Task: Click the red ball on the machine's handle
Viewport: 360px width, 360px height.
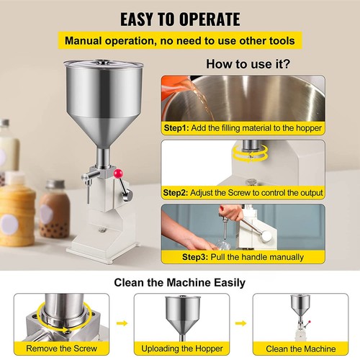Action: pos(118,174)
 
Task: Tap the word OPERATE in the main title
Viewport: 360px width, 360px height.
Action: pos(210,19)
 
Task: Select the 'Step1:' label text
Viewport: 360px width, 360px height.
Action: pos(176,128)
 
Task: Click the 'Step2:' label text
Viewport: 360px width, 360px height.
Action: pos(176,193)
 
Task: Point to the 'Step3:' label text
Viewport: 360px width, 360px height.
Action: pos(195,257)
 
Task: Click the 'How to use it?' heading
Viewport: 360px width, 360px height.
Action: pos(248,64)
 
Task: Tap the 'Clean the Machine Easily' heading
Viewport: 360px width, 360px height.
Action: pos(179,282)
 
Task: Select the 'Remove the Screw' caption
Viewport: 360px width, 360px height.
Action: pos(62,348)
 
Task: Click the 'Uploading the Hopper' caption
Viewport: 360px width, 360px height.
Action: pos(182,348)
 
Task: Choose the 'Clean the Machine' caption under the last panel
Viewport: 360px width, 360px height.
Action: pos(301,348)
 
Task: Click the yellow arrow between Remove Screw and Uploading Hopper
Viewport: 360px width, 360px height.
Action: pos(122,323)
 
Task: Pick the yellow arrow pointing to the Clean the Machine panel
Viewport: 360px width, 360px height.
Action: pos(240,323)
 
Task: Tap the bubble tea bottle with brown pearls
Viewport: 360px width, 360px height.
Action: pos(54,210)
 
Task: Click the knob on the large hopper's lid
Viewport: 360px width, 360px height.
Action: pos(104,63)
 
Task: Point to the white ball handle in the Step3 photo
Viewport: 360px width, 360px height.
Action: pos(266,236)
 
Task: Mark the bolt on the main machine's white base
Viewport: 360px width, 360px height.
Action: pos(102,230)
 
